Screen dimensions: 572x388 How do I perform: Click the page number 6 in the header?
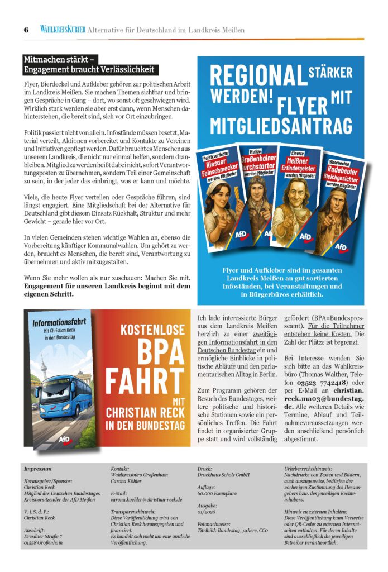pos(26,30)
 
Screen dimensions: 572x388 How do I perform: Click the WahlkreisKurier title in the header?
pos(63,30)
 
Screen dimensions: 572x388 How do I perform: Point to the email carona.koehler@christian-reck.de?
pos(147,500)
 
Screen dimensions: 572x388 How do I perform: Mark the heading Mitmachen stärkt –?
pos(60,59)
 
